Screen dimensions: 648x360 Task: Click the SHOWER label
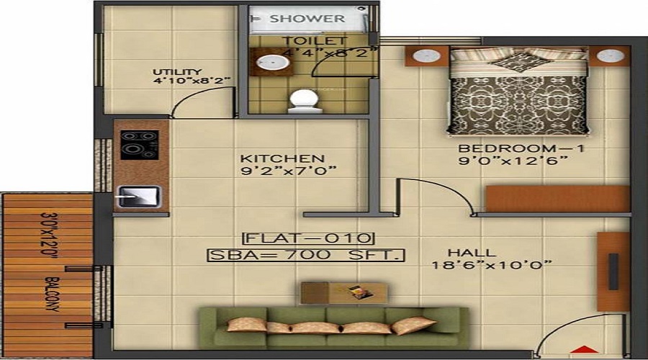click(x=307, y=19)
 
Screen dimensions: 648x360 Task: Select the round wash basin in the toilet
click(x=272, y=63)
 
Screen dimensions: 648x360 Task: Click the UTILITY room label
click(x=178, y=72)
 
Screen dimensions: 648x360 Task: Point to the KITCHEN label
click(x=282, y=158)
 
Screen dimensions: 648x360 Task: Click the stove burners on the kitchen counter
click(x=140, y=145)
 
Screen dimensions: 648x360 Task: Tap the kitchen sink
click(x=139, y=197)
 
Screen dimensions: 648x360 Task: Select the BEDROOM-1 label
click(x=521, y=148)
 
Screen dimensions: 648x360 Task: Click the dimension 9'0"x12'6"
click(x=513, y=161)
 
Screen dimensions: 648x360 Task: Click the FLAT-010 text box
click(x=308, y=238)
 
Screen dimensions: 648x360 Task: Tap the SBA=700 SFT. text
click(x=306, y=255)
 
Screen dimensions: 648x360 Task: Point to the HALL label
click(x=472, y=253)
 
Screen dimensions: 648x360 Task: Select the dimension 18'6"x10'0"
click(x=491, y=264)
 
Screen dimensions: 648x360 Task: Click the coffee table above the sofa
click(x=344, y=293)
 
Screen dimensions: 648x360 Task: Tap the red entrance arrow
click(x=584, y=350)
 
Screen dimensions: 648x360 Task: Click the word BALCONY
click(x=53, y=294)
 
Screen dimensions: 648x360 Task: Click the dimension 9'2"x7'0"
click(x=289, y=171)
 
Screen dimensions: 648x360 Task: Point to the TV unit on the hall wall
click(x=613, y=271)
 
